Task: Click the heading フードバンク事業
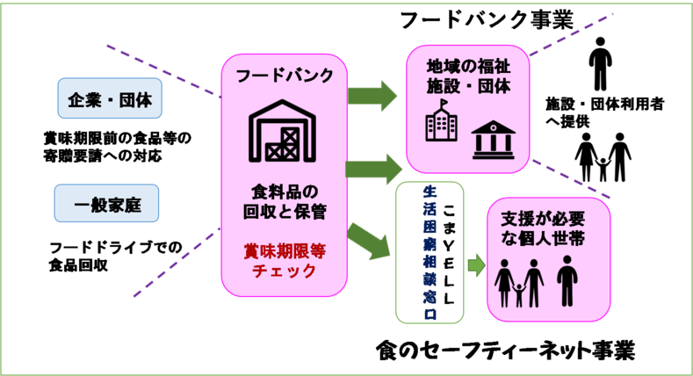point(486,18)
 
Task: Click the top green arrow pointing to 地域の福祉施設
point(372,93)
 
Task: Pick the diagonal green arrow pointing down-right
point(369,242)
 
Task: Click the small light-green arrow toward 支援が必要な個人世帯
point(475,263)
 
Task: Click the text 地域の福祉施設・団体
point(468,76)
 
